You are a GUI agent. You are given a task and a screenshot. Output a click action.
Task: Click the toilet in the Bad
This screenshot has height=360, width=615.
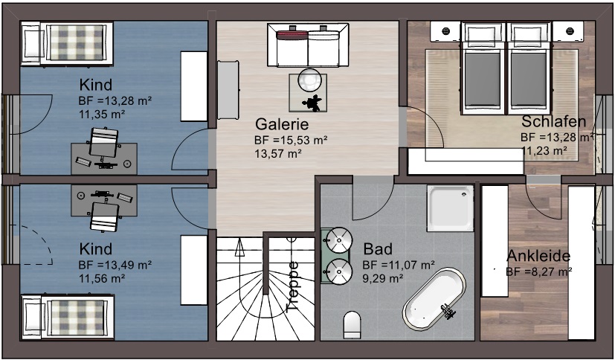352,325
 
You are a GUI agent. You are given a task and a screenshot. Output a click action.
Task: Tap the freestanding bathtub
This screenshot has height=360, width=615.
434,299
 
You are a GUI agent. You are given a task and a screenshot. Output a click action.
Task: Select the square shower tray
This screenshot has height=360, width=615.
450,208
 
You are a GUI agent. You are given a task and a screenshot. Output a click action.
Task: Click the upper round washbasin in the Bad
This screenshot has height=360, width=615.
339,240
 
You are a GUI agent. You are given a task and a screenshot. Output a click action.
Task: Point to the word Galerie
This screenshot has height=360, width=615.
282,124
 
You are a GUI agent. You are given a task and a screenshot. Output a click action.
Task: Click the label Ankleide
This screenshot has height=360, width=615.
538,256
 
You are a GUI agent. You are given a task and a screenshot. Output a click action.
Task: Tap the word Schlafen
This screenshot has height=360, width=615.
553,122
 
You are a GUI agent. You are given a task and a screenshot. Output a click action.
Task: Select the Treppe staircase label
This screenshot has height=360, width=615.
294,286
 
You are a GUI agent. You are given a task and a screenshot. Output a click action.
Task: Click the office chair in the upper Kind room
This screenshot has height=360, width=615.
103,144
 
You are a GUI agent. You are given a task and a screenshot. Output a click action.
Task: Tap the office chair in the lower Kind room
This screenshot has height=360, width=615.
104,216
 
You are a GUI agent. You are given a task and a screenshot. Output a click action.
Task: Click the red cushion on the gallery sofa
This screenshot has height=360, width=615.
292,35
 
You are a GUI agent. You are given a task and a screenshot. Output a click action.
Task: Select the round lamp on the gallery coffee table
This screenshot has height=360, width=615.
309,80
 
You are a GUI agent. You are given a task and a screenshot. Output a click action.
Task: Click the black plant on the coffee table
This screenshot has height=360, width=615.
312,103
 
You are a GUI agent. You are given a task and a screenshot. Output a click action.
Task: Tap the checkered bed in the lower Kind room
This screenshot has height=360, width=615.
68,317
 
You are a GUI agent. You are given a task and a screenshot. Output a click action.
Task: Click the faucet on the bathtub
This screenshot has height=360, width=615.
448,311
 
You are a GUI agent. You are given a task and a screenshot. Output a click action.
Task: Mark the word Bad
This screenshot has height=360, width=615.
378,249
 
